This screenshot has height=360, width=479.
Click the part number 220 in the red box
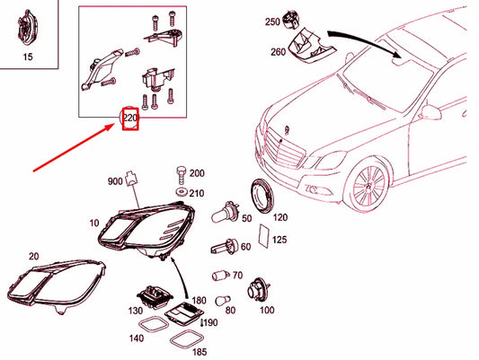pos(130,119)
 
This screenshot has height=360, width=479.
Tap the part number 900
pos(114,180)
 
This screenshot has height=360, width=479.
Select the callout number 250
pos(273,21)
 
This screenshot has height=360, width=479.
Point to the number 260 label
pos(278,51)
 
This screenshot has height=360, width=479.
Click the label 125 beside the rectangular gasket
pos(279,240)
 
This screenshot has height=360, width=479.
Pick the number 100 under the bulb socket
pos(266,311)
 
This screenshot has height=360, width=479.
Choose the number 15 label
pos(26,57)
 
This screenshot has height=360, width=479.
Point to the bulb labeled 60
pos(220,246)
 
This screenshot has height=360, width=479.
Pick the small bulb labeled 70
pos(217,276)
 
